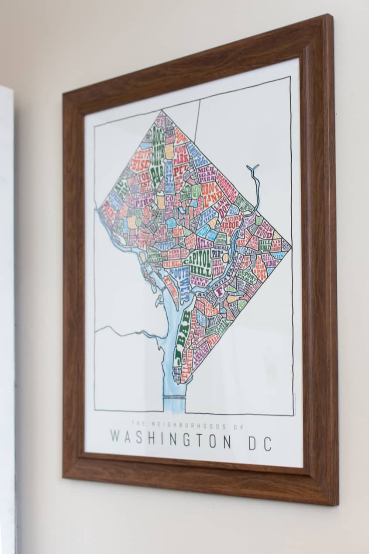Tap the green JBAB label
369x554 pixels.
(183, 337)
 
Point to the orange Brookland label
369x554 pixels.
(212, 195)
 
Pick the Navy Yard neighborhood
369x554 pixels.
(199, 281)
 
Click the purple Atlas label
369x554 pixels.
(204, 243)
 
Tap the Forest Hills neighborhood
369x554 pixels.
(144, 181)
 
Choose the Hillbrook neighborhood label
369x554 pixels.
(265, 245)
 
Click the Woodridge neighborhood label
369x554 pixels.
(227, 186)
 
